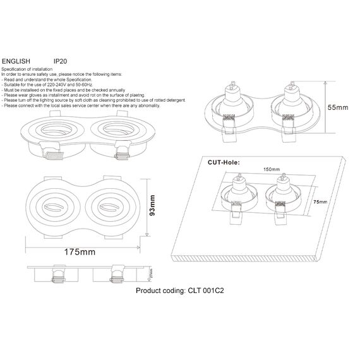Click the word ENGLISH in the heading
coord(16,61)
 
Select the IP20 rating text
coord(61,61)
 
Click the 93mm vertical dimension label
coord(152,205)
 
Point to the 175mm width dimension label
coord(80,252)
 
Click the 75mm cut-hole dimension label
coord(320,201)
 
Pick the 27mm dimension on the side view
coord(150,275)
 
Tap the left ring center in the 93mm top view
coord(59,206)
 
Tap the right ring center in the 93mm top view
coord(110,206)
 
